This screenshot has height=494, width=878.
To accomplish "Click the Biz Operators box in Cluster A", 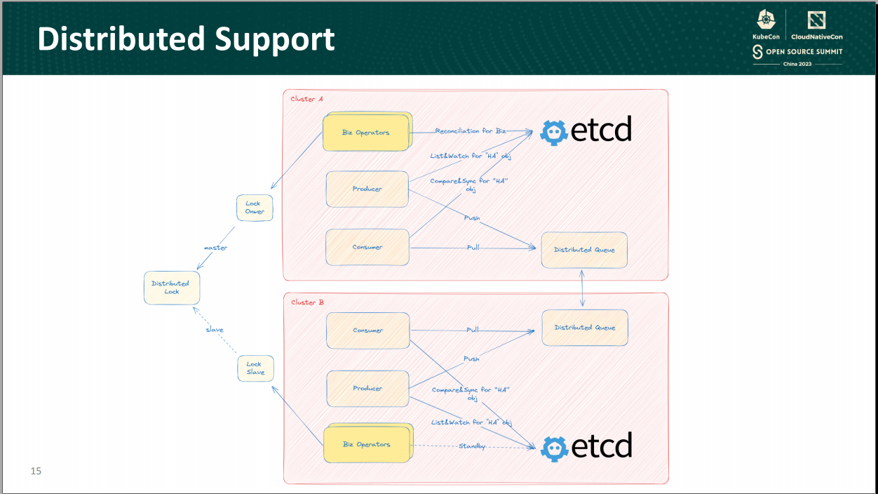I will point(366,133).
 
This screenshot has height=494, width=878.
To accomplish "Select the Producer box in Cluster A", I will point(367,189).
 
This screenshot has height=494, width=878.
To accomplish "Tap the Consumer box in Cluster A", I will point(367,247).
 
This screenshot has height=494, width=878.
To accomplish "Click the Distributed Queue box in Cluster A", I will point(584,250).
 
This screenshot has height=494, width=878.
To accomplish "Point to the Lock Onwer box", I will point(255,208).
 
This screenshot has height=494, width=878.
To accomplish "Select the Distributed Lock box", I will point(172,288).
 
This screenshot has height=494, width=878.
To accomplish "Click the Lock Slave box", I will point(255,368).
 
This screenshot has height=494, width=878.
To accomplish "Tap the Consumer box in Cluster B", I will point(367,331).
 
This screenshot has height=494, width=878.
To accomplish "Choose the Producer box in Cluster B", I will point(367,389).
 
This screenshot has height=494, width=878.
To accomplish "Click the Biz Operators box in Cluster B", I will point(367,444).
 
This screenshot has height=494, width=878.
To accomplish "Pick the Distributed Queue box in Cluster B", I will point(584,328).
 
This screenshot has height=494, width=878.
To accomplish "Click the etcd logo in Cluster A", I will point(586,131).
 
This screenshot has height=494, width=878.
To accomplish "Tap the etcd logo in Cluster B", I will point(586,446).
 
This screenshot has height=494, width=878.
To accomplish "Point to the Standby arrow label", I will point(472,446).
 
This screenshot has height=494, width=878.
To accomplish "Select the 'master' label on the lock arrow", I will point(215,248).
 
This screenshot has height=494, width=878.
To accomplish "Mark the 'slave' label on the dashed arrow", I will point(215,330).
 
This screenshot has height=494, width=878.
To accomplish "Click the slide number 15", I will point(36,471).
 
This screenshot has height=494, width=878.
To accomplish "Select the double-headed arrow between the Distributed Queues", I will point(583,288).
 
